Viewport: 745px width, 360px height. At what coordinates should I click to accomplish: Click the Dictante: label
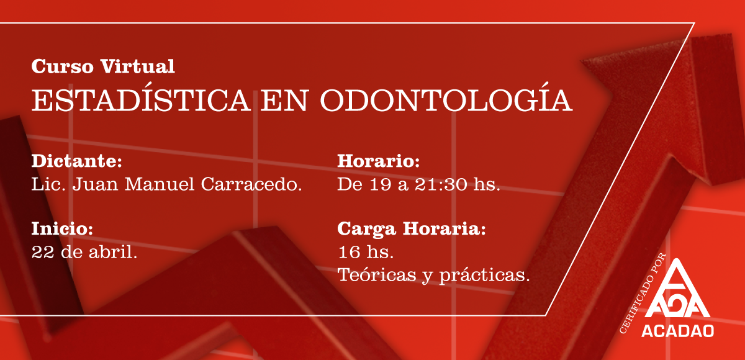[x=76, y=162]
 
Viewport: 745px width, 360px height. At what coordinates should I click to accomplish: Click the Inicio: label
[x=62, y=229]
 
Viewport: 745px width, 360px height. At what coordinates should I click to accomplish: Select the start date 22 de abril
[x=84, y=252]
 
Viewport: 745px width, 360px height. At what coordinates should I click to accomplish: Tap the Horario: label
[x=379, y=162]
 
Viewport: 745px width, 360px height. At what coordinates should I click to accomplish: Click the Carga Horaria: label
[x=411, y=229]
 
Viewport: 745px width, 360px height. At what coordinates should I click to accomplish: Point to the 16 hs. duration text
[x=366, y=252]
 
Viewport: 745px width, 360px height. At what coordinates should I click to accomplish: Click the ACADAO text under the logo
[x=679, y=329]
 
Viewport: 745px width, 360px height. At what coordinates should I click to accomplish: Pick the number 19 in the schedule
[x=379, y=184]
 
